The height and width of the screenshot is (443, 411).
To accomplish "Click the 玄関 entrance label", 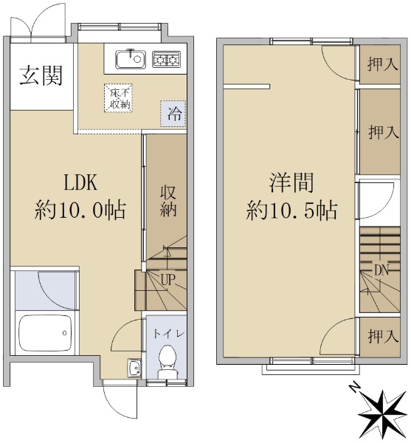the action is click(41, 75).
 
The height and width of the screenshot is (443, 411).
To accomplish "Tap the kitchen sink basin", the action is click(130, 59).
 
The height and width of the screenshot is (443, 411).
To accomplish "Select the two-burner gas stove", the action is click(166, 59).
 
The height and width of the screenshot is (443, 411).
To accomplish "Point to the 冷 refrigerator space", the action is click(173, 114).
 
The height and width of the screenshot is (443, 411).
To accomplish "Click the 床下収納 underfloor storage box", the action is click(118, 98).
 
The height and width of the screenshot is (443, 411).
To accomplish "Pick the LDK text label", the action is click(80, 182).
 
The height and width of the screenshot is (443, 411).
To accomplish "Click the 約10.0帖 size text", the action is click(80, 210).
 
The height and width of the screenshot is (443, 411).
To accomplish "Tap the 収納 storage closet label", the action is click(168, 202).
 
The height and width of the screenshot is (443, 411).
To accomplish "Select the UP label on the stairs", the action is click(168, 280).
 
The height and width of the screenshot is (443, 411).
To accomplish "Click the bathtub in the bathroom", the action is click(45, 332).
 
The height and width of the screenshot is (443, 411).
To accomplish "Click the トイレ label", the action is click(169, 334).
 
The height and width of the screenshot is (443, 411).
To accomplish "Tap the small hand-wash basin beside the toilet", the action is click(134, 368).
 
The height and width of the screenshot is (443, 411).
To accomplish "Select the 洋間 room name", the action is click(291, 183).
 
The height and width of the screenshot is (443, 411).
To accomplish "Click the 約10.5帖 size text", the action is click(291, 210).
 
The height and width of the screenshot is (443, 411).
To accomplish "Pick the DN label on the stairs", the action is click(381, 271).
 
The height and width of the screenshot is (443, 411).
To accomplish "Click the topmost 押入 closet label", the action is click(383, 63).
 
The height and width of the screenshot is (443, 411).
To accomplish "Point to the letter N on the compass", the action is click(355, 388).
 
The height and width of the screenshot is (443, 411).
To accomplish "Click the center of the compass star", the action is click(384, 413).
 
